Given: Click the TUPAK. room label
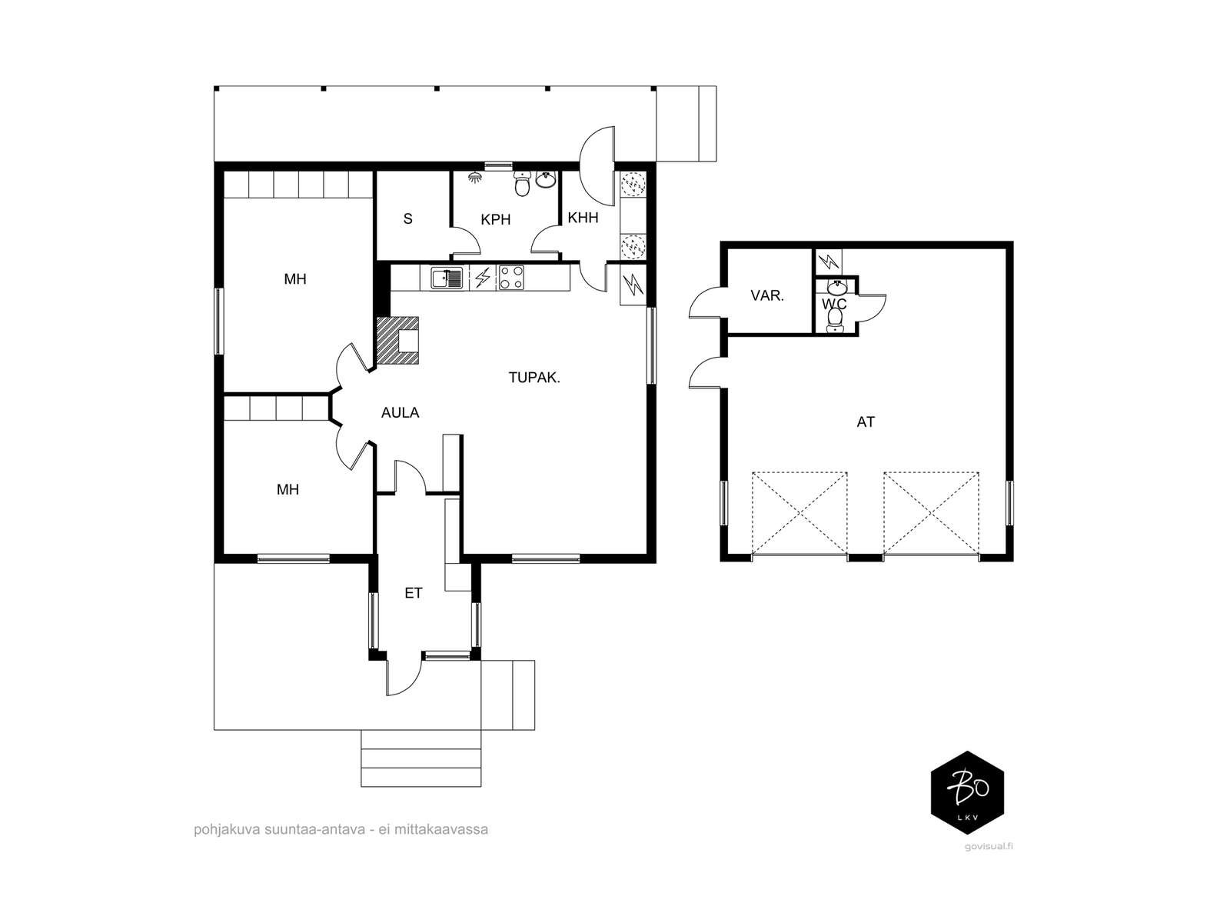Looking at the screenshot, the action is click(534, 378).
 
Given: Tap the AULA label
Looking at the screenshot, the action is click(400, 413).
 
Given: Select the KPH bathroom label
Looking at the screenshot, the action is click(495, 220).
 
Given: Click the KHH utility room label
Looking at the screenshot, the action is click(583, 218).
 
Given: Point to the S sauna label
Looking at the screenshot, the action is click(408, 219).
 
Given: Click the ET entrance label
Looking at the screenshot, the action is click(414, 593).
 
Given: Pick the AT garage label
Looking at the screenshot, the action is click(865, 422).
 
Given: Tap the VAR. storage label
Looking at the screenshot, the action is click(767, 295).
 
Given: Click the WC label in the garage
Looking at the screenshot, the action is click(834, 305).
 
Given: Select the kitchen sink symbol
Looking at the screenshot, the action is click(446, 278).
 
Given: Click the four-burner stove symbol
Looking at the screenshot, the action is click(511, 278).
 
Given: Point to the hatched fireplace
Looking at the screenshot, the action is click(397, 341).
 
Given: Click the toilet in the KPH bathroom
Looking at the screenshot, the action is click(522, 183).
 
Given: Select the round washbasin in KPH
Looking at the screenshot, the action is click(546, 179).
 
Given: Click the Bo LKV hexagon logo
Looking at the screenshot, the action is click(966, 792).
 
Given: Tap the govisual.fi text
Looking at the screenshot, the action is click(989, 847).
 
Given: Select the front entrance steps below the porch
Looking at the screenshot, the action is click(421, 758).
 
